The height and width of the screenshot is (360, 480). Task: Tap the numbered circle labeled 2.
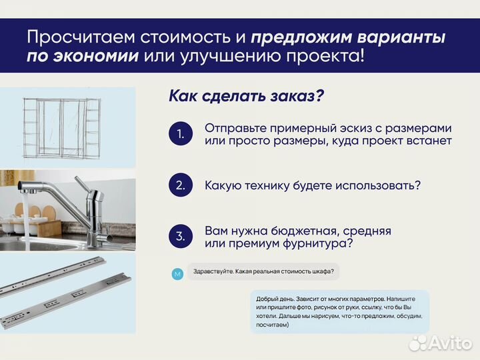pos(180,185)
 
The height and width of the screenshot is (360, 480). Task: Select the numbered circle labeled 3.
pos(180,236)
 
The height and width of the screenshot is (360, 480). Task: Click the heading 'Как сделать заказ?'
pos(246,96)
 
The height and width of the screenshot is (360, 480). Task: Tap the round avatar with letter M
pos(177,274)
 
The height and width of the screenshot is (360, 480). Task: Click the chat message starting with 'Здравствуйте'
pos(263,272)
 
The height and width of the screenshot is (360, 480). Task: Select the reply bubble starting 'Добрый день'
pos(340,311)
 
